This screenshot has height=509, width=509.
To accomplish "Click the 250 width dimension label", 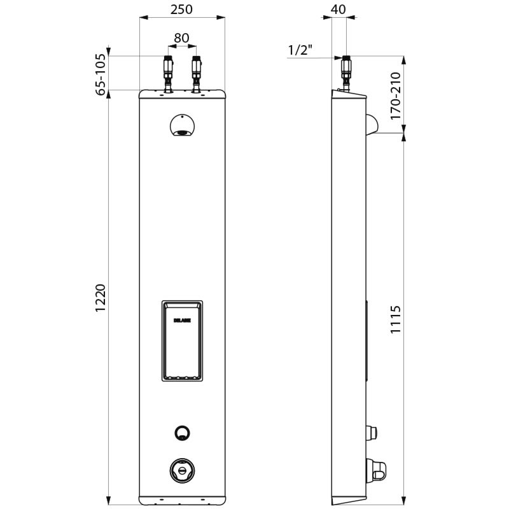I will (x=181, y=9).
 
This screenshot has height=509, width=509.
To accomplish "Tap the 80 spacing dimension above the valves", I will (x=181, y=38).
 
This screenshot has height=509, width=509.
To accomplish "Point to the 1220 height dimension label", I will (x=101, y=298).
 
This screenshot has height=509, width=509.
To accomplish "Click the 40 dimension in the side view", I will (x=338, y=9).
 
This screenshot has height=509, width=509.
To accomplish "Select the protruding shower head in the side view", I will (x=370, y=124).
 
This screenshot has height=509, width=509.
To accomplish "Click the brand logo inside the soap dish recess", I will (x=182, y=323).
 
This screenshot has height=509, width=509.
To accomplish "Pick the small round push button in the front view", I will (x=182, y=433).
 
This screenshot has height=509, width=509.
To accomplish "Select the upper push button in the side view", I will (x=372, y=433).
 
